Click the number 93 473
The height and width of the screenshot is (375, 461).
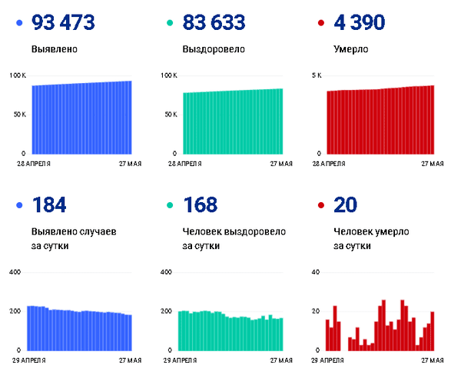63,23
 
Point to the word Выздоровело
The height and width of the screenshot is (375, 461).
213,50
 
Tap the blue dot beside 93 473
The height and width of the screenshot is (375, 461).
19,24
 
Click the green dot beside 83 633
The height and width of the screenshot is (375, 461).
171,24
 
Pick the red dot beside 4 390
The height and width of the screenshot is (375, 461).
321,24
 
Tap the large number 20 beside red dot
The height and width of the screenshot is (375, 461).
346,205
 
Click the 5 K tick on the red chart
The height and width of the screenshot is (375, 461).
316,75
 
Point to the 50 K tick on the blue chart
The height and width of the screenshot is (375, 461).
18,114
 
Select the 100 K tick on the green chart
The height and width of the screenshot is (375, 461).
169,75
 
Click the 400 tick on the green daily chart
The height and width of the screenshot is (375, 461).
165,273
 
